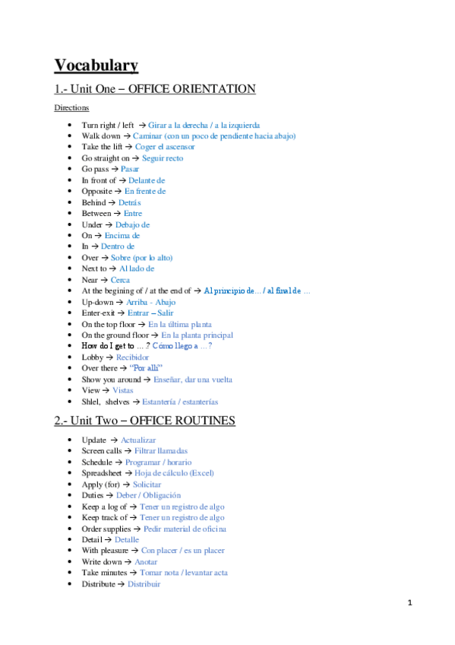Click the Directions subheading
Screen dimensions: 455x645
coord(71,108)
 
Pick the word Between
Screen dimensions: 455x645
coord(97,214)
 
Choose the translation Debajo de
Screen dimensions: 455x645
coord(132,225)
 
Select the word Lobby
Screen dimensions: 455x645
coord(93,357)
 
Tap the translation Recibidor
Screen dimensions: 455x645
coord(132,357)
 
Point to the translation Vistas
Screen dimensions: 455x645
coord(128,390)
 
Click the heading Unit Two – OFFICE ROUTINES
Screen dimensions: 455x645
coord(144,421)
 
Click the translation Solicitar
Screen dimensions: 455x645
coord(147,484)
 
